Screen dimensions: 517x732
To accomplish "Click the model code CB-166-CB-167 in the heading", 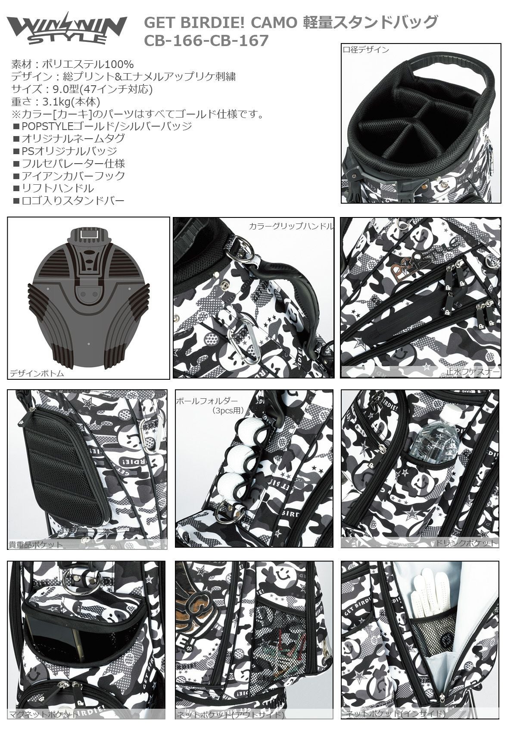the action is pyautogui.click(x=206, y=41).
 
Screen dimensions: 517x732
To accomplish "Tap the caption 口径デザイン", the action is pyautogui.click(x=366, y=50).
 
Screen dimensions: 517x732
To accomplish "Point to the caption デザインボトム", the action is pyautogui.click(x=37, y=373).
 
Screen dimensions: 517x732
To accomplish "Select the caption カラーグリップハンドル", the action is pyautogui.click(x=291, y=226).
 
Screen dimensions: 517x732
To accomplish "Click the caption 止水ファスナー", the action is pyautogui.click(x=473, y=372).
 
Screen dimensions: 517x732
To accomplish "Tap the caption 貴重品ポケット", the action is pyautogui.click(x=35, y=544).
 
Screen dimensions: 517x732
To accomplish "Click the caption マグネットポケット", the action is pyautogui.click(x=44, y=723).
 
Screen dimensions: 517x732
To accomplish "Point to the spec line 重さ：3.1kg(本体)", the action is pyautogui.click(x=56, y=102).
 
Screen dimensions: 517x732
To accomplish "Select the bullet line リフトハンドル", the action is pyautogui.click(x=53, y=188).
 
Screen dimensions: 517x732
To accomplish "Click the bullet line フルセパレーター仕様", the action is pyautogui.click(x=69, y=163).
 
